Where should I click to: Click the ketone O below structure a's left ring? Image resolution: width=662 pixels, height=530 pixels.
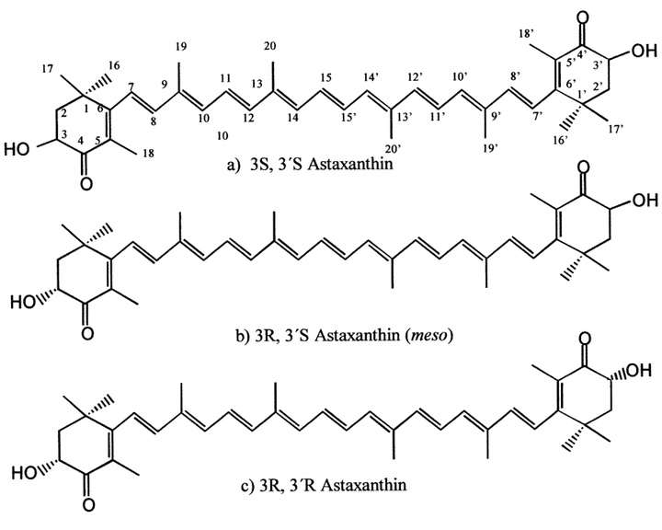pyautogui.click(x=86, y=183)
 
